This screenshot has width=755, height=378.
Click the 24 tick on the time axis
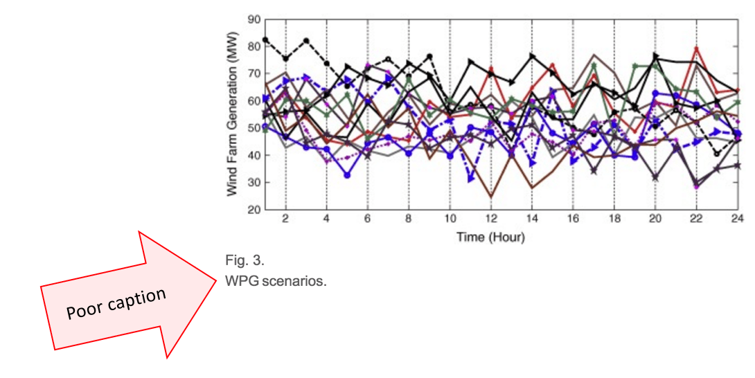737,219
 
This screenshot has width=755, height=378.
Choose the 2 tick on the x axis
285,219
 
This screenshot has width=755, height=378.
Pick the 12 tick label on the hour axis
490,219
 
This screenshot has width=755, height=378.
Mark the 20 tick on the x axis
655,219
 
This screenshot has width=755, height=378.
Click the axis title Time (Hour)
490,237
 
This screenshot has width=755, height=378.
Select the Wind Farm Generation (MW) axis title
233,114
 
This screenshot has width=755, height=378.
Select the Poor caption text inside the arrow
116,304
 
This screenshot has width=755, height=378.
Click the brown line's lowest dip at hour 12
490,197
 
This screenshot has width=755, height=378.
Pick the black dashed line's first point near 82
265,40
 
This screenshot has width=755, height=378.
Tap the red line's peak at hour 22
696,48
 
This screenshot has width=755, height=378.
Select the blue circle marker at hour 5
347,175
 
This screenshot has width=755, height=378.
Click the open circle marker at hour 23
717,154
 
